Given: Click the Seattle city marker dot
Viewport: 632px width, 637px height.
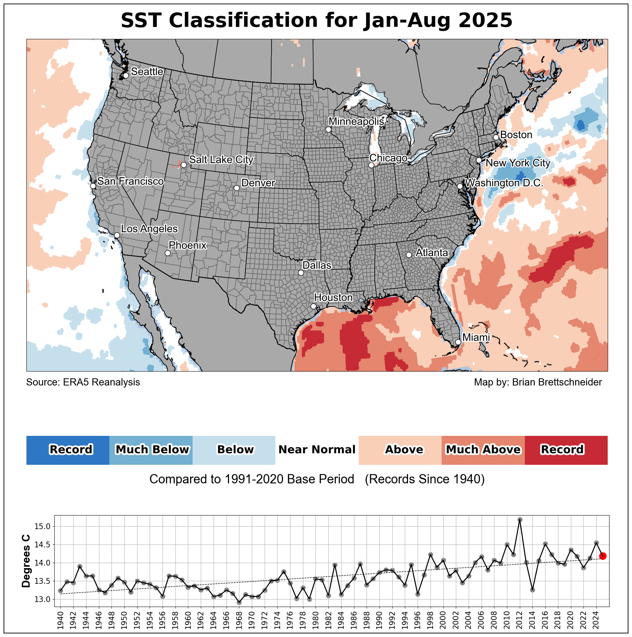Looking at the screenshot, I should pyautogui.click(x=126, y=75).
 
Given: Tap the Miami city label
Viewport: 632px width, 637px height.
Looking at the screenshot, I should pyautogui.click(x=476, y=337).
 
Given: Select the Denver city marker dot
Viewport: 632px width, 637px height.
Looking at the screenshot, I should pyautogui.click(x=237, y=188).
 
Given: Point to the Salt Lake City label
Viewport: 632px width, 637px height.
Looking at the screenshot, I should pyautogui.click(x=221, y=159).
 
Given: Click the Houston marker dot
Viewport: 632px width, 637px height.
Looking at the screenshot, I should pyautogui.click(x=313, y=306).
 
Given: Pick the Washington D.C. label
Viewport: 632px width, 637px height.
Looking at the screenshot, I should pyautogui.click(x=504, y=183).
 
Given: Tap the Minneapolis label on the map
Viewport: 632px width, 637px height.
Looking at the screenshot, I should pyautogui.click(x=356, y=121).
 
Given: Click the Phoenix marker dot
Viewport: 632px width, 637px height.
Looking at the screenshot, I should pyautogui.click(x=168, y=253).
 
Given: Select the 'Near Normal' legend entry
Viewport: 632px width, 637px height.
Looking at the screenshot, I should pyautogui.click(x=317, y=450).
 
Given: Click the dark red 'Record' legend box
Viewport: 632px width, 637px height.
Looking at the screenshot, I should pyautogui.click(x=566, y=450).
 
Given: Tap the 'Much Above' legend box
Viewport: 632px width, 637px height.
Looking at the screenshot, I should pyautogui.click(x=483, y=450).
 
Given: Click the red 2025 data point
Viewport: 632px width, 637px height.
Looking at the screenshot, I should pyautogui.click(x=603, y=556).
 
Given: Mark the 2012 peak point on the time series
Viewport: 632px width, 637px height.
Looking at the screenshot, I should pyautogui.click(x=520, y=519).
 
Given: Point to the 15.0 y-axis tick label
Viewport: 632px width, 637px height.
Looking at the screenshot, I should pyautogui.click(x=43, y=527).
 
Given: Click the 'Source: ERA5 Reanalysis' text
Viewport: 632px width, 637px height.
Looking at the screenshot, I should pyautogui.click(x=83, y=382).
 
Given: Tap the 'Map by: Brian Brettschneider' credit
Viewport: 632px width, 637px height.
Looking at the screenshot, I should pyautogui.click(x=538, y=382).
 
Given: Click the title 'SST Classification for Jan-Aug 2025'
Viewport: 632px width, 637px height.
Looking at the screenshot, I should pyautogui.click(x=317, y=20).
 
